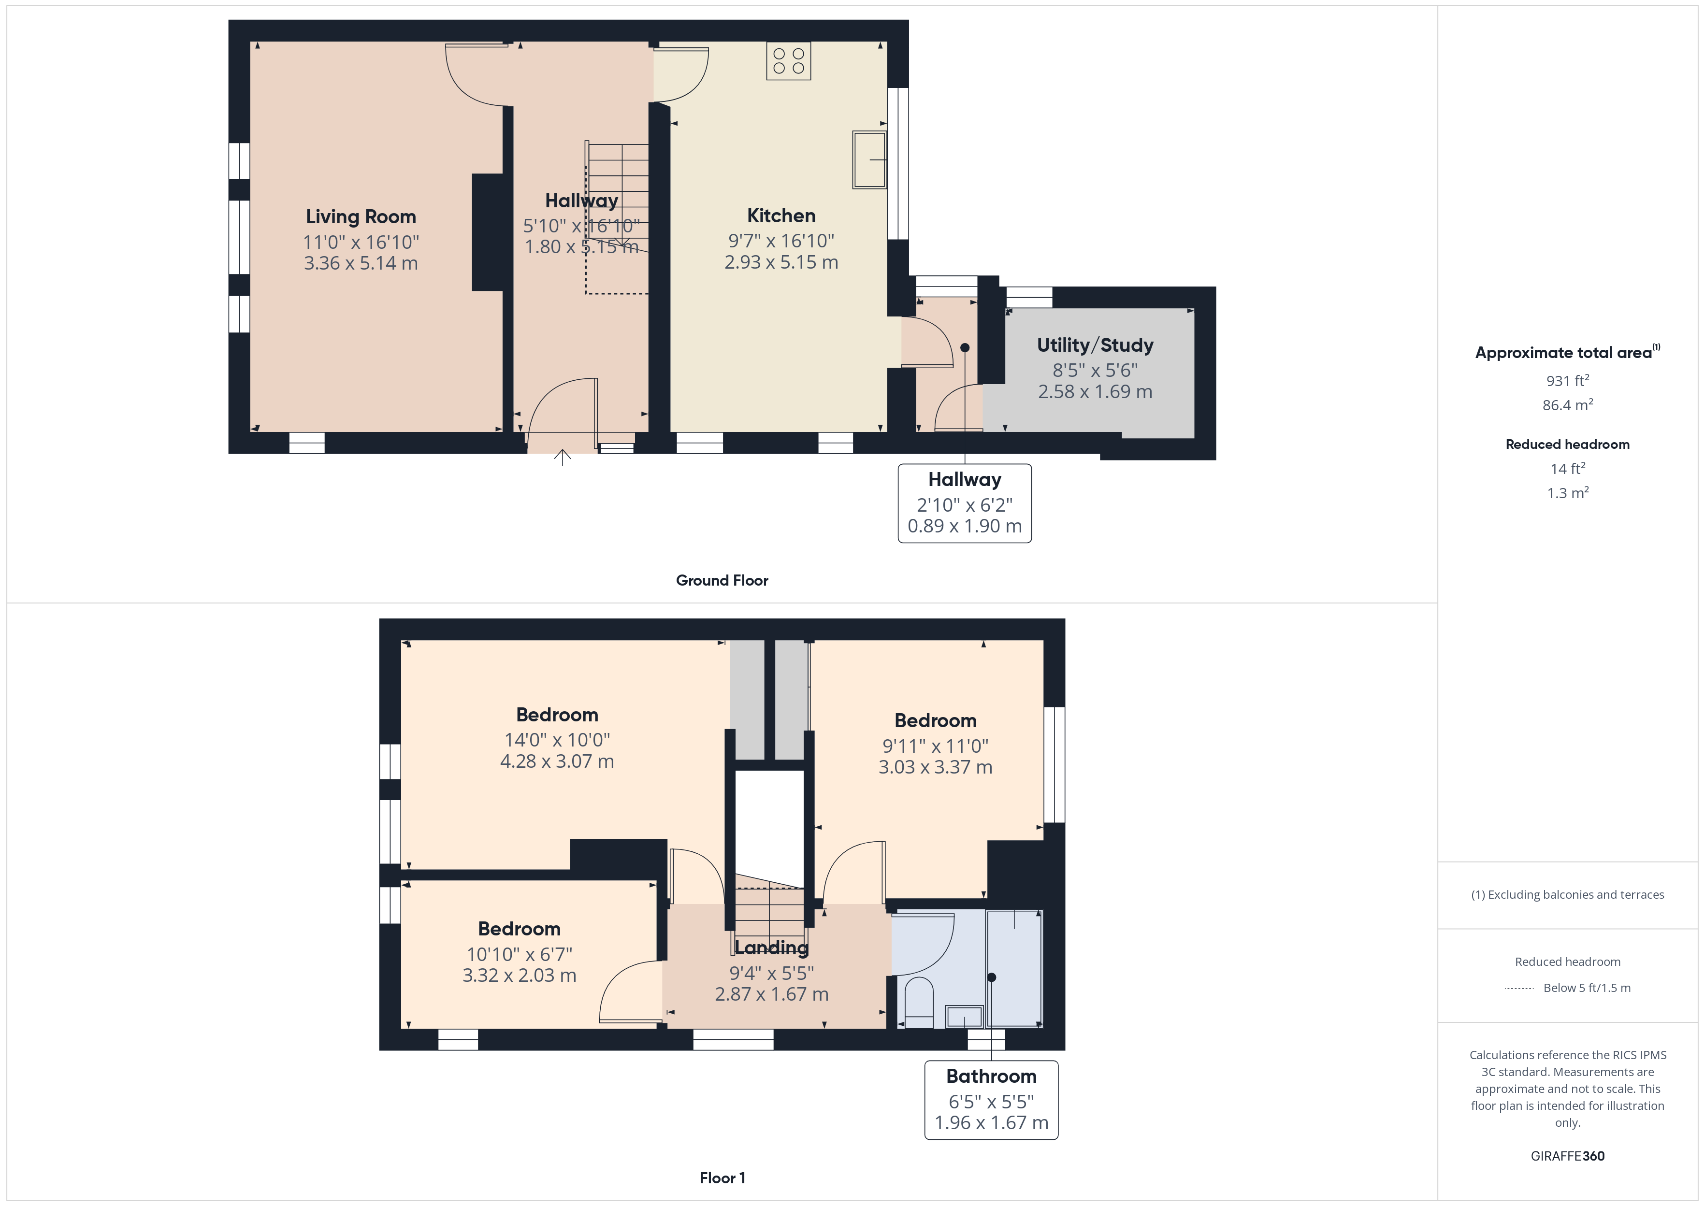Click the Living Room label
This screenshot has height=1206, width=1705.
click(361, 217)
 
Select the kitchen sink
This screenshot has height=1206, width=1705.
click(869, 159)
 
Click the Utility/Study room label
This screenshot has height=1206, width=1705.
click(1095, 345)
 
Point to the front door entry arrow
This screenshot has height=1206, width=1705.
click(562, 458)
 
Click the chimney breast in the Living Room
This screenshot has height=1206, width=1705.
click(488, 232)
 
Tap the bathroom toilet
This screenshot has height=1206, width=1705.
click(919, 1003)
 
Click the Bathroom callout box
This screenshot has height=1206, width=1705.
click(991, 1100)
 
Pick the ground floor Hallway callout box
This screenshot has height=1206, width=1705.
click(965, 503)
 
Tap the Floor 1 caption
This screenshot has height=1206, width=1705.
click(722, 1178)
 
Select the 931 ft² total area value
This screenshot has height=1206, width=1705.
click(1568, 380)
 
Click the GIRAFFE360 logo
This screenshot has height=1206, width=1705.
click(1568, 1156)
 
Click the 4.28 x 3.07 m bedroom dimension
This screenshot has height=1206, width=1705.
click(557, 761)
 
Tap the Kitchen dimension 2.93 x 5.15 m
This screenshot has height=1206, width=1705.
click(781, 262)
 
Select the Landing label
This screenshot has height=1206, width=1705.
click(772, 948)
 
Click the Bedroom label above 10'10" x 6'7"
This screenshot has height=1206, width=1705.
click(519, 929)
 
